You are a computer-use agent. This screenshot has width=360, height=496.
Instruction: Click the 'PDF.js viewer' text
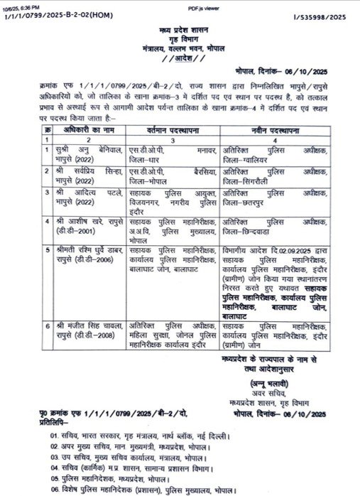pyautogui.click(x=180, y=6)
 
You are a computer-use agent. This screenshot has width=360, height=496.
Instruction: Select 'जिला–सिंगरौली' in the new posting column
pyautogui.click(x=246, y=180)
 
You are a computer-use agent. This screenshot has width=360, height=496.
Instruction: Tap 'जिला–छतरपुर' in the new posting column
pyautogui.click(x=245, y=202)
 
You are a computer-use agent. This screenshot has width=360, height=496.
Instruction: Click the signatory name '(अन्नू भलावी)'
pyautogui.click(x=266, y=382)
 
